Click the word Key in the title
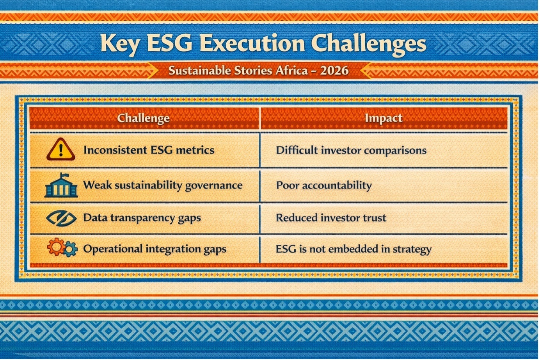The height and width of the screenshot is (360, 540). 119,44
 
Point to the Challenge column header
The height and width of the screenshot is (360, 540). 143,118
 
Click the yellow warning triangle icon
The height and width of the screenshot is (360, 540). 61,149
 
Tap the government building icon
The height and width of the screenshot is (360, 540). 61,185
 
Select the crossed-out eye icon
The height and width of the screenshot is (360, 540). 61,218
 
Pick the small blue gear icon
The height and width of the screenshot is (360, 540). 70,249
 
